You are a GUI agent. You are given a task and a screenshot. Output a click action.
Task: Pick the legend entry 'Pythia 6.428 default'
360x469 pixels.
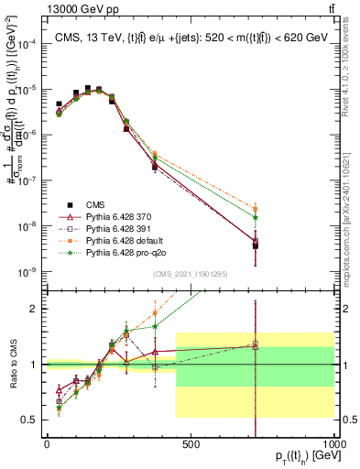coord(109,239)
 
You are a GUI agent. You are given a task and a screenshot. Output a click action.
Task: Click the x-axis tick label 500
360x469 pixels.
coord(191,444)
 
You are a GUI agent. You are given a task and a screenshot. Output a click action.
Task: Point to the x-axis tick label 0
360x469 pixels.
coord(47,444)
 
